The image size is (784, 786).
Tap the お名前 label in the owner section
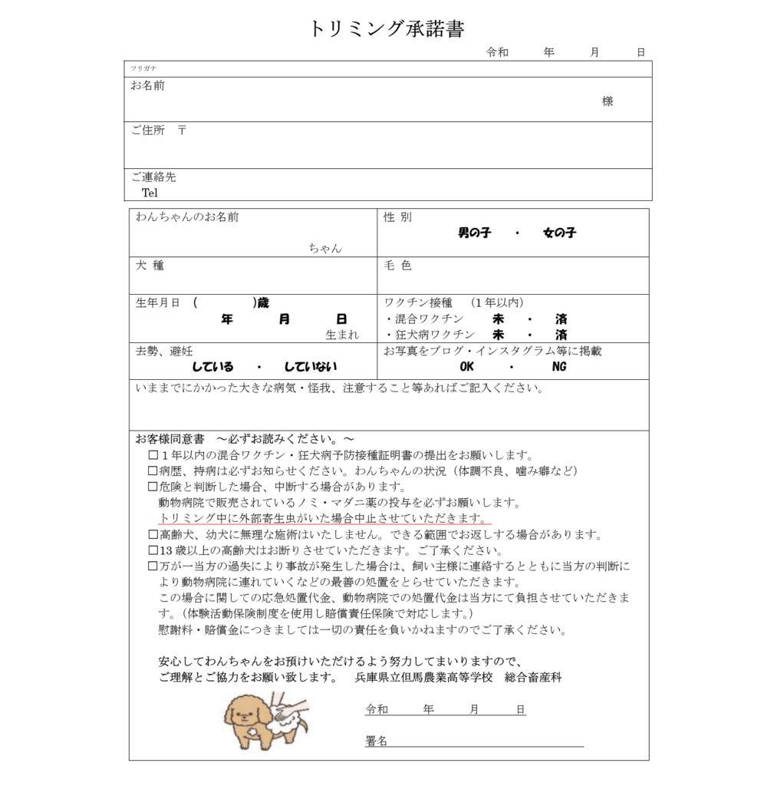coord(147,85)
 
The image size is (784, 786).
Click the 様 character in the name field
coord(608,101)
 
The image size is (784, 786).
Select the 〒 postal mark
coord(182,130)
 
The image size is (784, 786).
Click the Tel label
coord(150,193)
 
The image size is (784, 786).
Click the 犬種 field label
coord(150,266)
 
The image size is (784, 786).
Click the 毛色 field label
coord(397,266)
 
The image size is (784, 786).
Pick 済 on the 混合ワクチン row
coord(562,318)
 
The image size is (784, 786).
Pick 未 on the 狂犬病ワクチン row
coord(498,335)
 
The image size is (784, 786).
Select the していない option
coord(310,367)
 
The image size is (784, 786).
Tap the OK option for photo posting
coord(466,367)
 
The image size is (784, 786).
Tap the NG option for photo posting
coord(559,367)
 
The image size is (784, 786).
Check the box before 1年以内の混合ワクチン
coord(153,455)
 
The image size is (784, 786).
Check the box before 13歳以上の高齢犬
coord(153,550)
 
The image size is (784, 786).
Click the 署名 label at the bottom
coord(376,741)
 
